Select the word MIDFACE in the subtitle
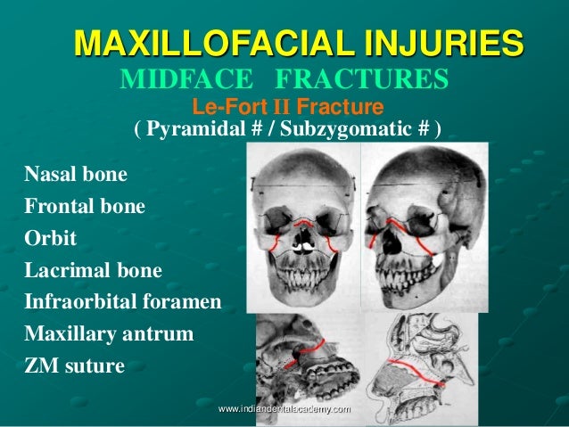tap(177, 82)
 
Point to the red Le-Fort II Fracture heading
tap(287, 109)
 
